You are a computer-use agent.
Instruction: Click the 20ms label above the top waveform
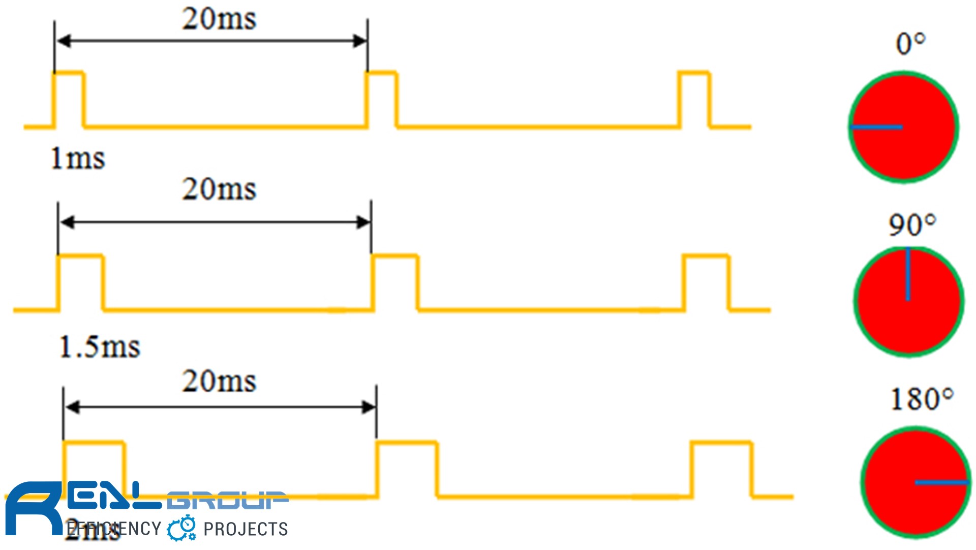[219, 19]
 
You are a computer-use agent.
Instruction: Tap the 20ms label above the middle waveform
[219, 189]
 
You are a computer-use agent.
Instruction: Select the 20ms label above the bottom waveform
[219, 381]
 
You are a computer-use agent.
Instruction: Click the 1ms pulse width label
[78, 158]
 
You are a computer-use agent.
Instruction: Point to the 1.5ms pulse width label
[100, 347]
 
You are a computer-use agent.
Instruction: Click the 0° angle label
[910, 44]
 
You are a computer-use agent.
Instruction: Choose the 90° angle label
[912, 224]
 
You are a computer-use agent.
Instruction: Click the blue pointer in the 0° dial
[877, 127]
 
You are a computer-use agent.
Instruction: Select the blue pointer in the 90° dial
[908, 275]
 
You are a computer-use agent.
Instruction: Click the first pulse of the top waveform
[69, 99]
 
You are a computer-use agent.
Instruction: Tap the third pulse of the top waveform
[694, 99]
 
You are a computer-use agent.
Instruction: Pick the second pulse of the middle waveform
[395, 282]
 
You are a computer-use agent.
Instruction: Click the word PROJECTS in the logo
[246, 529]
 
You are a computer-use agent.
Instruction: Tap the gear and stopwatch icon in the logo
[182, 528]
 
